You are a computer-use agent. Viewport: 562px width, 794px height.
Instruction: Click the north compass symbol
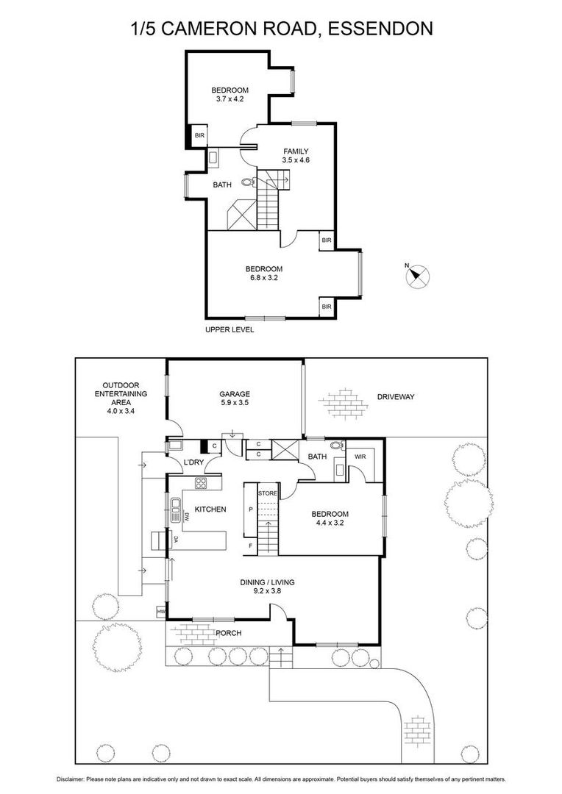[x=417, y=276]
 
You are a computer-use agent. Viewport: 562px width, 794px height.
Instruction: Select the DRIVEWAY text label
[x=396, y=397]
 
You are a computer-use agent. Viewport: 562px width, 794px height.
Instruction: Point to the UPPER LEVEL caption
[x=230, y=330]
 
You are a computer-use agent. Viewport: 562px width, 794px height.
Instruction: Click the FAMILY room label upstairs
[x=296, y=151]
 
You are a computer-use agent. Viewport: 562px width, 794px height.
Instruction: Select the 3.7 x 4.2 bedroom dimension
[x=230, y=99]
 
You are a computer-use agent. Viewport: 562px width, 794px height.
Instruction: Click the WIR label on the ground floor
[x=361, y=457]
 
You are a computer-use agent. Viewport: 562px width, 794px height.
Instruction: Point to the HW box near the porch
[x=160, y=612]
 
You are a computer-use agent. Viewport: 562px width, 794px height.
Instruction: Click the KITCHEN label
[x=210, y=509]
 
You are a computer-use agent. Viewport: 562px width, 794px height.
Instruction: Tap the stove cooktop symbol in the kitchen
[x=201, y=483]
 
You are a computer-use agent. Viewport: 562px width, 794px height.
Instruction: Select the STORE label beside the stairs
[x=267, y=493]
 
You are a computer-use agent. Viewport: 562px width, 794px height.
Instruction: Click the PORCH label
[x=228, y=633]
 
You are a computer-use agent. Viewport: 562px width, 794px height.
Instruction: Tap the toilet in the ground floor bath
[x=336, y=446]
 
